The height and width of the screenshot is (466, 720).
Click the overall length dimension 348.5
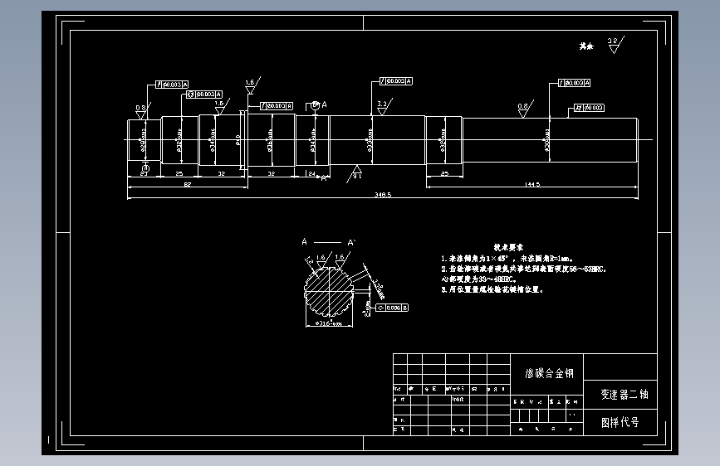(383, 194)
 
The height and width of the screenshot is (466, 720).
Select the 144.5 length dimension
(532, 183)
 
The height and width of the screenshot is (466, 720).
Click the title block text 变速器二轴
(620, 395)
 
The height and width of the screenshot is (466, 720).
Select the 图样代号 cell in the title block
(620, 422)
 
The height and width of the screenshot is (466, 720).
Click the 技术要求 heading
(508, 247)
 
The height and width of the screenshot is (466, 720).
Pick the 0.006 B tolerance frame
(392, 308)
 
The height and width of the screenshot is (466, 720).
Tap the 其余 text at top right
(587, 47)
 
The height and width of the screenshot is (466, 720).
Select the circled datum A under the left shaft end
(145, 169)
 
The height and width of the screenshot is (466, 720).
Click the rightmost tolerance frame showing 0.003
(587, 108)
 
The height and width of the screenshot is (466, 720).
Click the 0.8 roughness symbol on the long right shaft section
(523, 110)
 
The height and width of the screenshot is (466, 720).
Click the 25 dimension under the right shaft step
(444, 173)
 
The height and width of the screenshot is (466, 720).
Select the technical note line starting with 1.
(507, 259)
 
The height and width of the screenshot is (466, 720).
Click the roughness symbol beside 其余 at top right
(614, 45)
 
